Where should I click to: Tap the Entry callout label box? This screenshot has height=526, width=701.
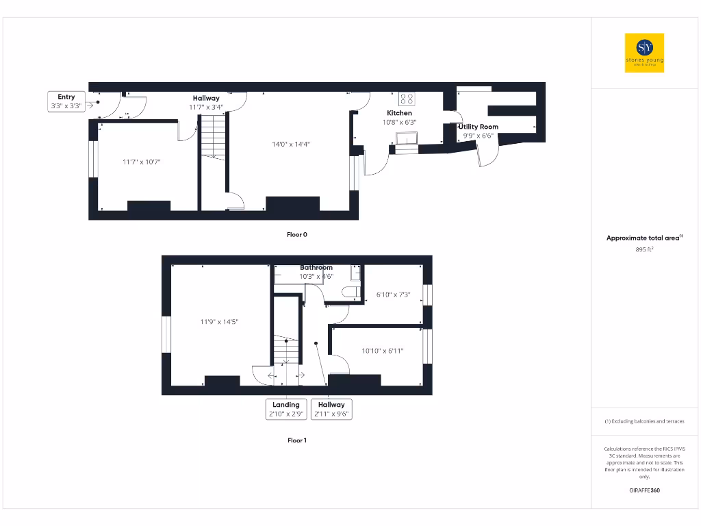pyautogui.click(x=66, y=101)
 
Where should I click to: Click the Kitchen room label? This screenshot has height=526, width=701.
pyautogui.click(x=400, y=113)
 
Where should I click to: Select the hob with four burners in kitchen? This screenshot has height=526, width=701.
pyautogui.click(x=407, y=98)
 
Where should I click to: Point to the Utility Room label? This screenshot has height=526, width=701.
pyautogui.click(x=479, y=127)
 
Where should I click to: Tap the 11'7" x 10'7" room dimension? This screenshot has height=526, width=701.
pyautogui.click(x=142, y=162)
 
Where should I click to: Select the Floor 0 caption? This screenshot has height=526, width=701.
pyautogui.click(x=296, y=234)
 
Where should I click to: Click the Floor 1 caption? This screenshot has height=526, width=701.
pyautogui.click(x=296, y=440)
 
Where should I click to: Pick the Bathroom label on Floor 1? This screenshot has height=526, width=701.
pyautogui.click(x=316, y=268)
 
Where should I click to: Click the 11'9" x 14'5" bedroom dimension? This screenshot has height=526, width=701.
pyautogui.click(x=220, y=321)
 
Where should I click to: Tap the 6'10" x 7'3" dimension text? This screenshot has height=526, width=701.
pyautogui.click(x=393, y=295)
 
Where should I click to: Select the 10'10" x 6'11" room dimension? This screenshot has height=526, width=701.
pyautogui.click(x=383, y=351)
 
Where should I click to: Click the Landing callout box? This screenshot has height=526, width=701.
pyautogui.click(x=286, y=409)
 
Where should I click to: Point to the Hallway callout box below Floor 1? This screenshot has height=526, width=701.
pyautogui.click(x=331, y=409)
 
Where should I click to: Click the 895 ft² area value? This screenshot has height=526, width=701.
pyautogui.click(x=644, y=249)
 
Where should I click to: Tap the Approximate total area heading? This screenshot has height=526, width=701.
pyautogui.click(x=643, y=238)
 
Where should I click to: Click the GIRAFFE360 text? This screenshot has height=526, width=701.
pyautogui.click(x=644, y=490)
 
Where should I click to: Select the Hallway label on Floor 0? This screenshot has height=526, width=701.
pyautogui.click(x=206, y=99)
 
